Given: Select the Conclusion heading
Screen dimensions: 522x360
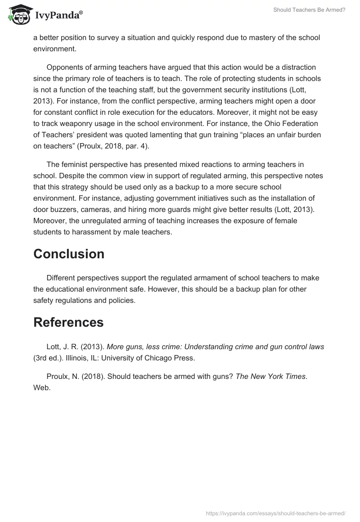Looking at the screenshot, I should click(69, 254).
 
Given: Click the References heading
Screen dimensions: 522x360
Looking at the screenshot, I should click(68, 322).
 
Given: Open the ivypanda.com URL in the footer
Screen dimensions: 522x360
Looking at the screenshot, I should click(276, 513).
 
